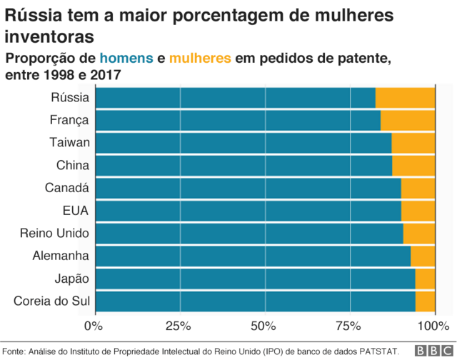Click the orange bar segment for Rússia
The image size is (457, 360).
tap(405, 98)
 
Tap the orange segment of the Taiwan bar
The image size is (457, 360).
tap(413, 143)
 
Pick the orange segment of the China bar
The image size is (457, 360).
tap(413, 166)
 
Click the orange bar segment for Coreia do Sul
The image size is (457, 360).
tap(425, 301)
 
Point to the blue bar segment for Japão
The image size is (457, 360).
tap(254, 279)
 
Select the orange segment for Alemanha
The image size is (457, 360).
tap(423, 256)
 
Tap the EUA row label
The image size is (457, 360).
tap(75, 211)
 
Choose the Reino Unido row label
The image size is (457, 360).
tap(54, 234)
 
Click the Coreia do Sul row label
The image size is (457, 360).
tap(51, 301)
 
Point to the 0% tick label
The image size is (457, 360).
tap(94, 326)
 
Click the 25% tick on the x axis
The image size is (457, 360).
tap(179, 326)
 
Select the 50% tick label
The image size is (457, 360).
tap(264, 326)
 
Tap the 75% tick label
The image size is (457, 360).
tap(349, 326)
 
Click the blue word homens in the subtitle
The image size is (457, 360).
tap(126, 58)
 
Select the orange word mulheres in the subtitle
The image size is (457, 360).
tap(201, 58)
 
